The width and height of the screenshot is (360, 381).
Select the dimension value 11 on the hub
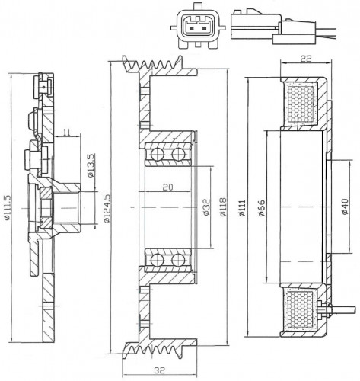66,132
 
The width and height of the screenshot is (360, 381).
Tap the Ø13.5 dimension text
91,165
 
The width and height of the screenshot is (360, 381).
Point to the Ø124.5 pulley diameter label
107,208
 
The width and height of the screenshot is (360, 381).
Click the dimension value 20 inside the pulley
167,187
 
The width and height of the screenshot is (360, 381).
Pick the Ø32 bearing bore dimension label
207,207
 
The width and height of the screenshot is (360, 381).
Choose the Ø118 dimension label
223,207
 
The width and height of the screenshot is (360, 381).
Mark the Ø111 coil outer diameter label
242,208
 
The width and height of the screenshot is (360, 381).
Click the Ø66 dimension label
262,208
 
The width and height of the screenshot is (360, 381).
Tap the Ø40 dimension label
345,207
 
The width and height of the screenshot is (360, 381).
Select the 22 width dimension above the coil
306,59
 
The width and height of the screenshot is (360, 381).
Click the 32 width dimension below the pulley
159,370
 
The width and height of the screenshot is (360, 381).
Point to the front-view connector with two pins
198,26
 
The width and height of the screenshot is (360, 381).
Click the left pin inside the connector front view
192,27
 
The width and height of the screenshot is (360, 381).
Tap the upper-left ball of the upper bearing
157,155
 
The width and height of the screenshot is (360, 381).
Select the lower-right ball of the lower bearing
178,260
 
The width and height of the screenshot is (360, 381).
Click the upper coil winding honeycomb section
301,103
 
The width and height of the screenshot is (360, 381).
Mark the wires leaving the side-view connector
327,32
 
